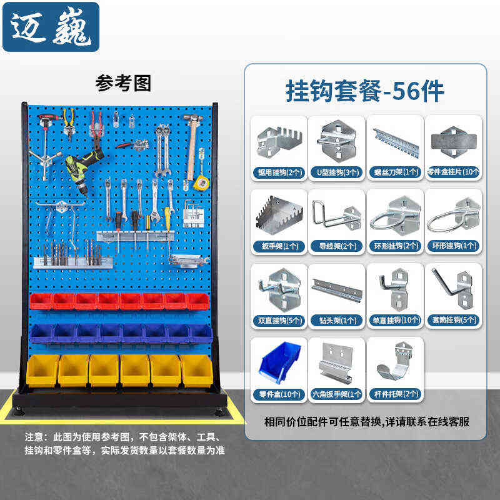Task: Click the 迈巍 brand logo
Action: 51,27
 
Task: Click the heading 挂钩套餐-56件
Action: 365,91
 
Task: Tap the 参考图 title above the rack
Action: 123,82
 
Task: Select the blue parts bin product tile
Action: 279,363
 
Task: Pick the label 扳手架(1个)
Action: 279,246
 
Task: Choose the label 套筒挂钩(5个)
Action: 453,320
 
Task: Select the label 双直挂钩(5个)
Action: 279,320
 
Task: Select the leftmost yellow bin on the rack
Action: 42,371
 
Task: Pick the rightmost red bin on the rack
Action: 198,301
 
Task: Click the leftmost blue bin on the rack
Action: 41,333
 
